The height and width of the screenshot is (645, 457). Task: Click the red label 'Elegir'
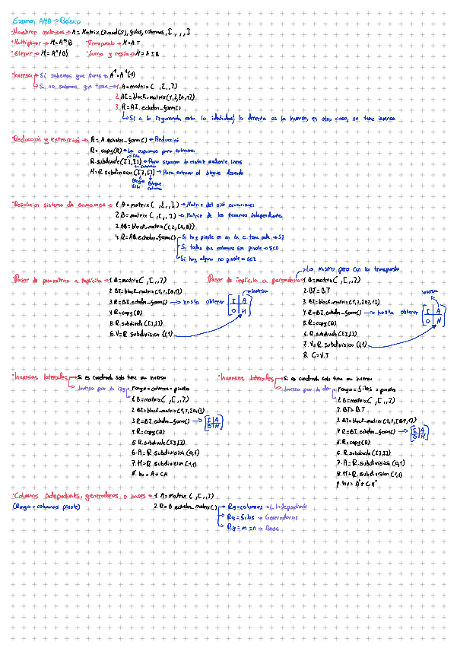(22, 54)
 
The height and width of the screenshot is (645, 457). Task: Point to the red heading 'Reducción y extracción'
(46, 140)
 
